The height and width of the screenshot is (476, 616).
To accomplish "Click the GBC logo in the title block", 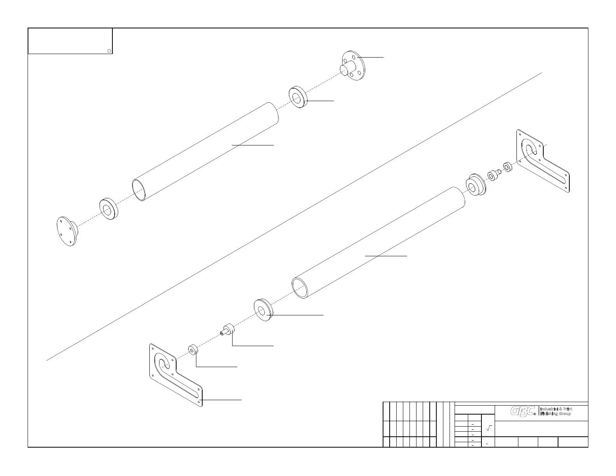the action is click(523, 411).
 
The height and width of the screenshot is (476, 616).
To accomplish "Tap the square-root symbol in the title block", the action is click(489, 428).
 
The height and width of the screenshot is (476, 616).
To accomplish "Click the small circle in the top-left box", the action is click(109, 51).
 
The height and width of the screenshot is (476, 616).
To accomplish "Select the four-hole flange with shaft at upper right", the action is click(353, 66).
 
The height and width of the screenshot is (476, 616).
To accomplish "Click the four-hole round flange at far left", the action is click(66, 232).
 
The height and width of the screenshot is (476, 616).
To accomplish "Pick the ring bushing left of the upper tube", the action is click(108, 210).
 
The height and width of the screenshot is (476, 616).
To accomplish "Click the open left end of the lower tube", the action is click(299, 288).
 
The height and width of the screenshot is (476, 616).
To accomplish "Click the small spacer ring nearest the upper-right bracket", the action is click(507, 167).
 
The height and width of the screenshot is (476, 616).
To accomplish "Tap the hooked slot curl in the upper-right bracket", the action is click(529, 149).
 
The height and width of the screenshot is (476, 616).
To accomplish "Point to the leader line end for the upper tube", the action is click(232, 145).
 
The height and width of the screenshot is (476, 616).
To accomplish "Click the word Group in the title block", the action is click(564, 414).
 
